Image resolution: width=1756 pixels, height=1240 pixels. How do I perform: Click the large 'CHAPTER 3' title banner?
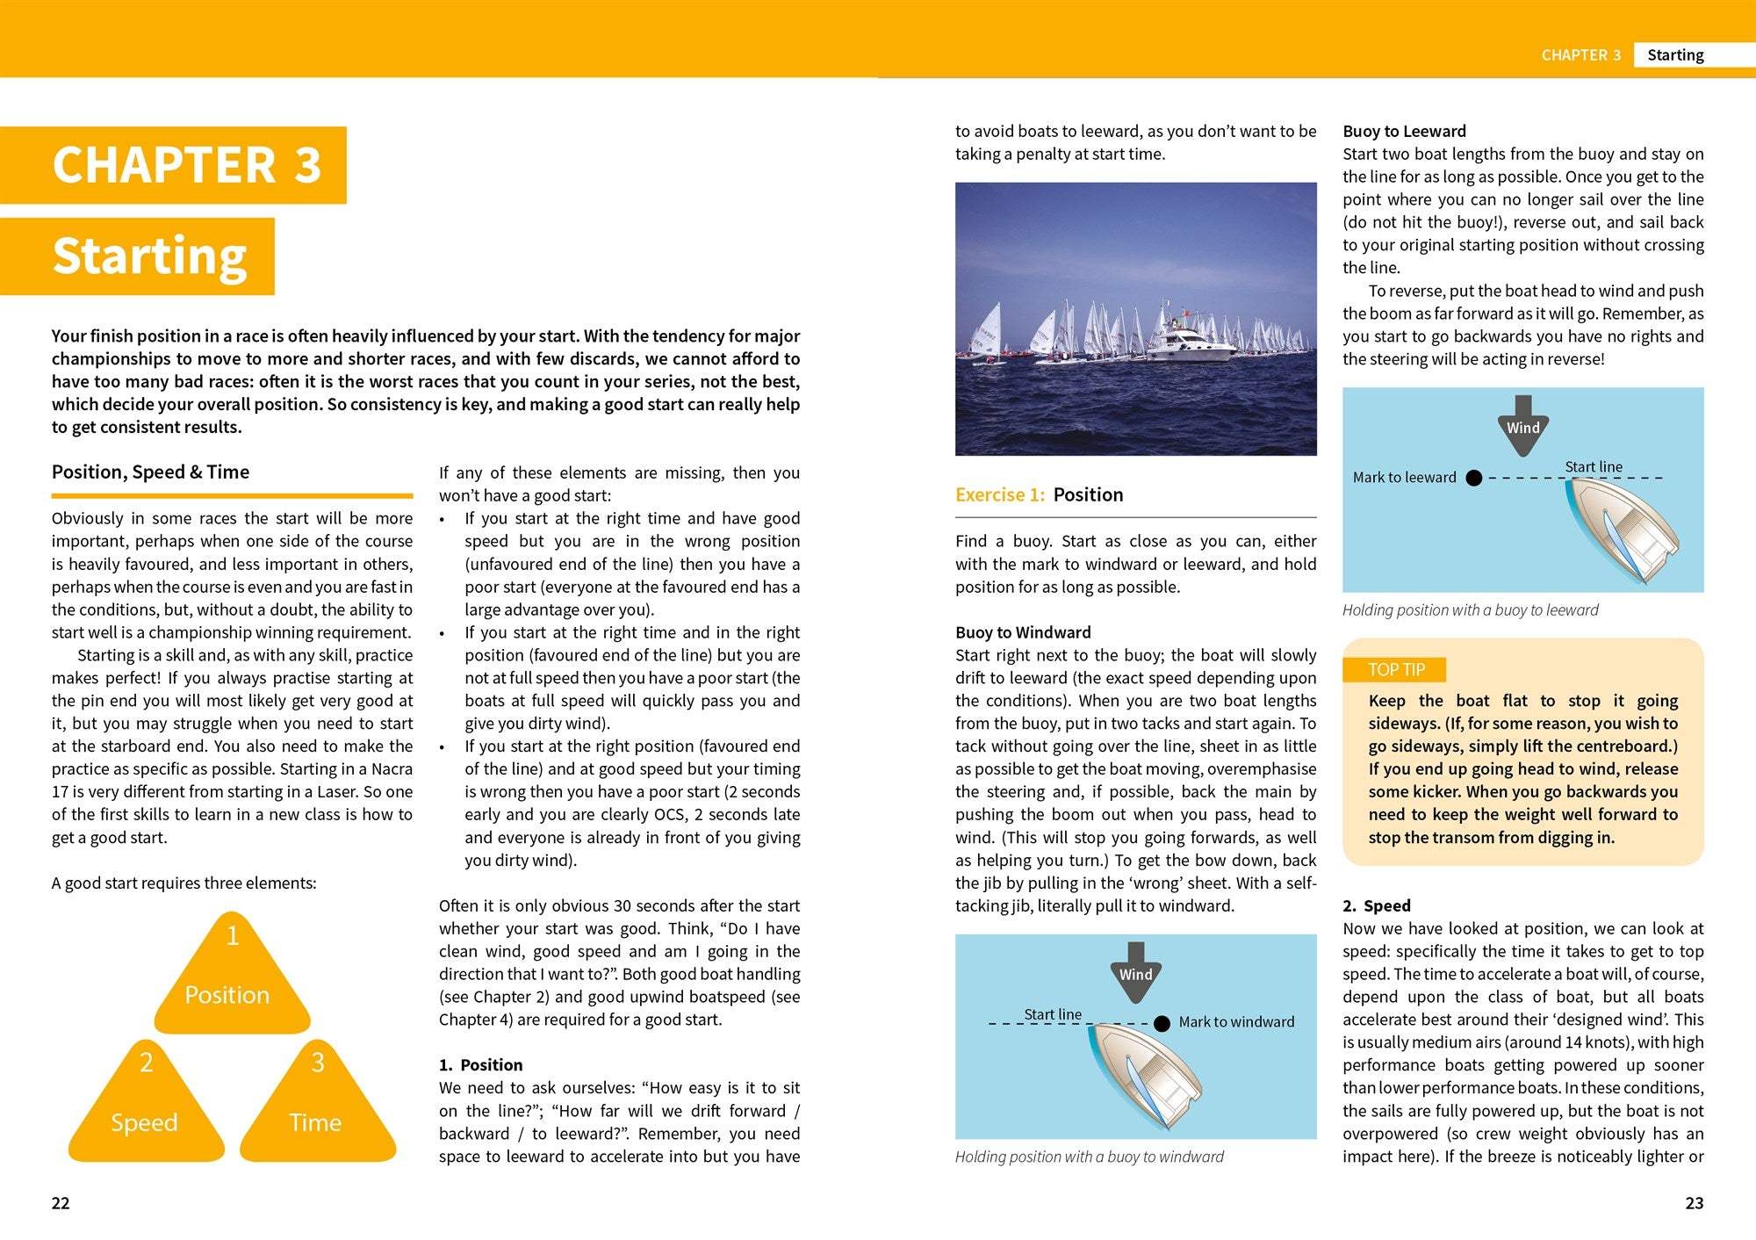(186, 165)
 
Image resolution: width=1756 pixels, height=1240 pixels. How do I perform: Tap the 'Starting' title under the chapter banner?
(149, 256)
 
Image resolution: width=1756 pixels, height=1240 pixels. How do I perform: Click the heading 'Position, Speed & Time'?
(150, 472)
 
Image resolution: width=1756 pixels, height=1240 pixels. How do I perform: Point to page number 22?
(61, 1203)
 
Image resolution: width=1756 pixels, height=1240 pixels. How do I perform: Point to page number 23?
(1694, 1203)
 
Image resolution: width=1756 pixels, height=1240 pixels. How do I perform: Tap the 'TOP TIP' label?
(1395, 670)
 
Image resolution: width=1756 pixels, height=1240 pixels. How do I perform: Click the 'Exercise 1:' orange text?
(999, 494)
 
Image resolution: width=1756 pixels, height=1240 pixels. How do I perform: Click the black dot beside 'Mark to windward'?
(1162, 1023)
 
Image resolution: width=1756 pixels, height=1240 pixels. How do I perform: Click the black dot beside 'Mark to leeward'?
(1474, 478)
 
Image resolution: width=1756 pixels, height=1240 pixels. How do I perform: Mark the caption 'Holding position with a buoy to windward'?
(1089, 1157)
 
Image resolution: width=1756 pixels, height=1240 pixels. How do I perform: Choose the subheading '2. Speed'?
(1376, 905)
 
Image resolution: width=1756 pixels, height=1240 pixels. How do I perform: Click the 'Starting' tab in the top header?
(1674, 55)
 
